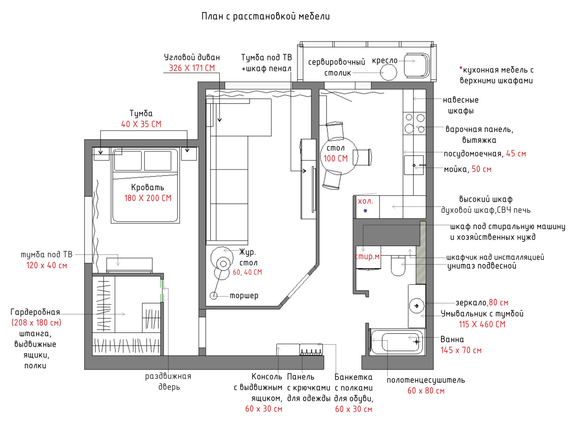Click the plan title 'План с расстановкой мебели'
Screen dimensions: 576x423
[265, 17]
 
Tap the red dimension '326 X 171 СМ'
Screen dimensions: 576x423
[192, 68]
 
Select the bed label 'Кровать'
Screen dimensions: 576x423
[148, 187]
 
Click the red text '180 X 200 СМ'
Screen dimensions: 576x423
[148, 198]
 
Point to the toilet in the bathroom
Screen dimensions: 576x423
[398, 265]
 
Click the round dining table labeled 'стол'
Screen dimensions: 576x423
[339, 156]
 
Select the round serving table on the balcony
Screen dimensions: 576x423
[388, 72]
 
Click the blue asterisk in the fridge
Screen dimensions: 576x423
[365, 211]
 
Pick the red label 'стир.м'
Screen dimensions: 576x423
[367, 256]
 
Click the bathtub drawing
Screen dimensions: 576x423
[397, 342]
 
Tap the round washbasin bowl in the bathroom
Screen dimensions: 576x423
[417, 306]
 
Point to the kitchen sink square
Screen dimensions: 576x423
[414, 165]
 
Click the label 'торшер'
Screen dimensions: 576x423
[244, 296]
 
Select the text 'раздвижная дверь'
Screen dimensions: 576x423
[168, 382]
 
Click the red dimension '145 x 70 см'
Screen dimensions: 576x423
[461, 350]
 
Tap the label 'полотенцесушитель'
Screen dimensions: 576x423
[426, 380]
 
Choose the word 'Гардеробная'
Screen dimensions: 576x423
[35, 312]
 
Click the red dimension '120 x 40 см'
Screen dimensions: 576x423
[46, 265]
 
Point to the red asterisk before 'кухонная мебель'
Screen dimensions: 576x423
[461, 68]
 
